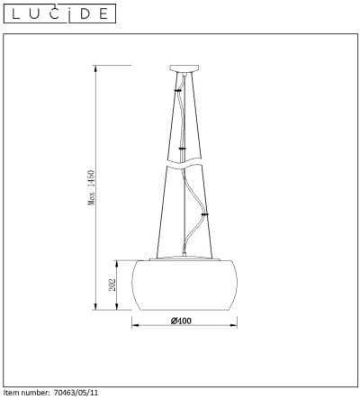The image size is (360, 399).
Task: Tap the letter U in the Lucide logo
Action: coord(34,14)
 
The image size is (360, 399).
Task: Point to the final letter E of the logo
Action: coord(105,14)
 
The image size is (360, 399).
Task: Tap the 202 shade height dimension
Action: coord(112,284)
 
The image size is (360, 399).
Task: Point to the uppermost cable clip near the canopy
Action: coord(177,91)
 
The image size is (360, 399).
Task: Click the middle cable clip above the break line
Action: coord(182,148)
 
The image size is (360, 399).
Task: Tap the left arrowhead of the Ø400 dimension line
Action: coord(136,322)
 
